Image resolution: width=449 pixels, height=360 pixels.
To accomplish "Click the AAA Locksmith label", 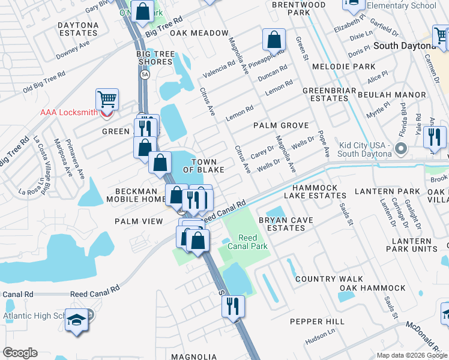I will pos(70,112).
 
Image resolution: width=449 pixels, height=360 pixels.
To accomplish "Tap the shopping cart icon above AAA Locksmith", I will pos(107,98).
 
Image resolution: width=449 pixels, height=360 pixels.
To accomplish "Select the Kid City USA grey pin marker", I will pos(402,148).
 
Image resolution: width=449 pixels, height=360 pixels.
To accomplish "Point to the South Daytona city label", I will pos(404,46).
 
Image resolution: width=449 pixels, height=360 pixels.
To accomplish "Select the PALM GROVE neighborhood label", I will pos(280,125).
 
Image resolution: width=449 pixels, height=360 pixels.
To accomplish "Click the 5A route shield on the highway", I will pos(145,74).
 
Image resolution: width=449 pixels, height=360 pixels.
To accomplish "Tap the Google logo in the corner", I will pos(20,352).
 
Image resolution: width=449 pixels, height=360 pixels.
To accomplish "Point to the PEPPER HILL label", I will pos(317,322).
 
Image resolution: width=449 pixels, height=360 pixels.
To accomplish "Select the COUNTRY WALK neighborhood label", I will pos(329,279).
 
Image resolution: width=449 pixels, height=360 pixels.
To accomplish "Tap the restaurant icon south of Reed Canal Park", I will pos(232,306).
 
